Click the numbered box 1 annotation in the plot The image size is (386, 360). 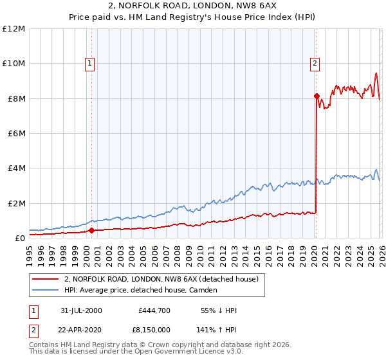(x=89, y=63)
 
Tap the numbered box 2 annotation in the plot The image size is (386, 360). (x=315, y=63)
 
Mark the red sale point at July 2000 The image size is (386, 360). (x=91, y=230)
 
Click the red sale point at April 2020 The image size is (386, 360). (x=317, y=96)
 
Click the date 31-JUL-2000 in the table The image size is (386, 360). (x=81, y=310)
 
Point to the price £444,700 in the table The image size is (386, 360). (x=154, y=310)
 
